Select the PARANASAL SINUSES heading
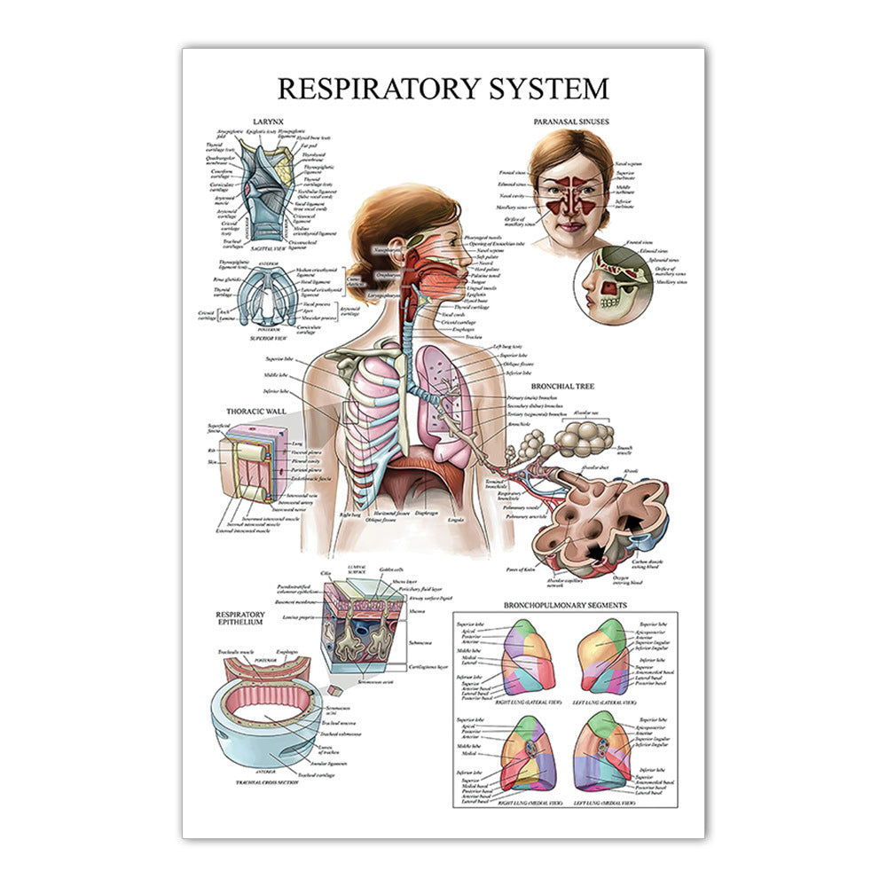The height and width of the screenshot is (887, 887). tap(570, 120)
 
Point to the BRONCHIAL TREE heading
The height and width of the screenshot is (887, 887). tap(562, 387)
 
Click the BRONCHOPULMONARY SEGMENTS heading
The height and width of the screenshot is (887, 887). tap(565, 605)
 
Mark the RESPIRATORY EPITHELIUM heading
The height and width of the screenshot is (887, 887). tap(240, 619)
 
